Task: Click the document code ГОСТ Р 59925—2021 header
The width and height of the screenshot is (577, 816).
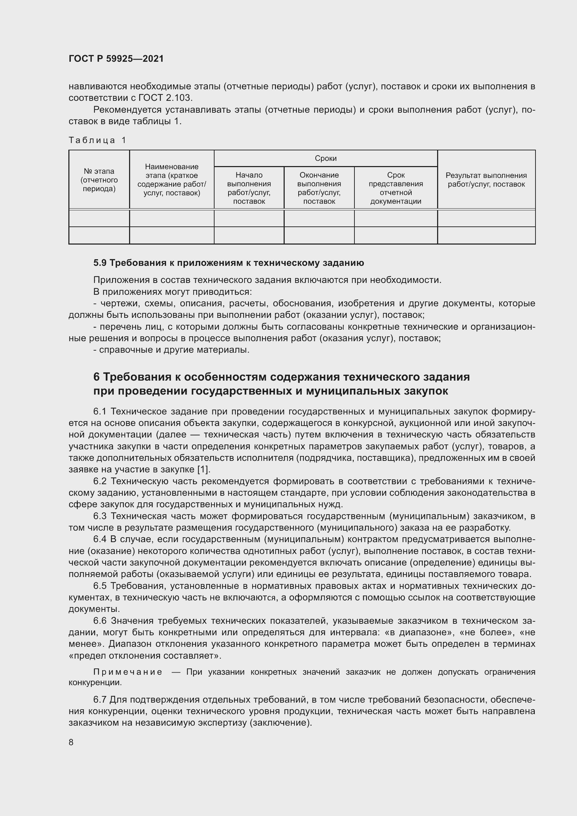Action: pyautogui.click(x=116, y=59)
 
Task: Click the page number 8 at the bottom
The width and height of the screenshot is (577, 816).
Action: pyautogui.click(x=71, y=742)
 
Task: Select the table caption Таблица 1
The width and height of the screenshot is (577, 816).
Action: pyautogui.click(x=97, y=140)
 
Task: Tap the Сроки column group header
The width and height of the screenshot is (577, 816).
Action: pyautogui.click(x=325, y=158)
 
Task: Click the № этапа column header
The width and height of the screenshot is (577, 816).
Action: pyautogui.click(x=99, y=180)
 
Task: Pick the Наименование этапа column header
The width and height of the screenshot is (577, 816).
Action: pyautogui.click(x=172, y=180)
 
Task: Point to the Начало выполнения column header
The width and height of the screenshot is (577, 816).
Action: pyautogui.click(x=249, y=188)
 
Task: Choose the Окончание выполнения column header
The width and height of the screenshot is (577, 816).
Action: pyautogui.click(x=319, y=188)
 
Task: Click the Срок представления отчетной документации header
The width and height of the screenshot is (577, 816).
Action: pyautogui.click(x=396, y=188)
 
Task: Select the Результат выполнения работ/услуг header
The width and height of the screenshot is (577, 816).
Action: pyautogui.click(x=486, y=180)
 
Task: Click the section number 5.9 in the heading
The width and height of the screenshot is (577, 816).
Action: pyautogui.click(x=100, y=263)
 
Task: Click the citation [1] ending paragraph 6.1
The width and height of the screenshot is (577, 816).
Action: pyautogui.click(x=204, y=470)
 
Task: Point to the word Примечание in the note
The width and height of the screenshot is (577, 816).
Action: pyautogui.click(x=128, y=672)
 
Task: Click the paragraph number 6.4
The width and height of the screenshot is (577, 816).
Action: pyautogui.click(x=100, y=539)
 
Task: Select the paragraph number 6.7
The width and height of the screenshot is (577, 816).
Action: pyautogui.click(x=100, y=700)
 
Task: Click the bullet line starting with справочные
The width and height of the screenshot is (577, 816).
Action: pyautogui.click(x=171, y=350)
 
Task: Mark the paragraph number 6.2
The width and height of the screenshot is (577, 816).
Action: pyautogui.click(x=100, y=481)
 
